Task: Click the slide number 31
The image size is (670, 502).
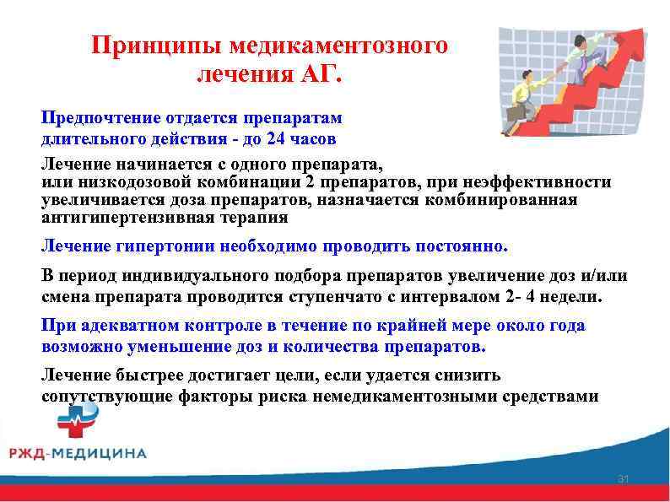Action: point(624,480)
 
